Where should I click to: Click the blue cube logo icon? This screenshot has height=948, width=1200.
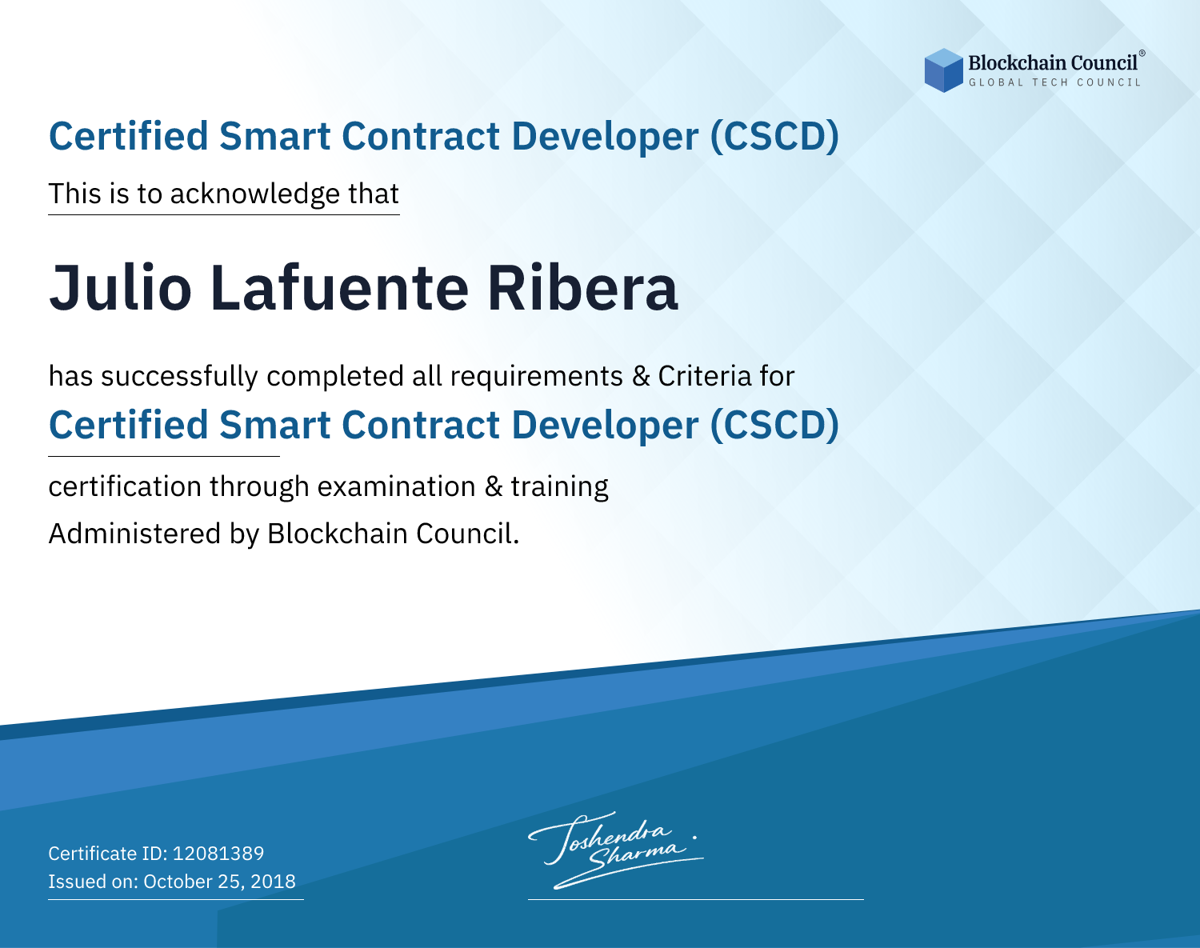[x=943, y=70]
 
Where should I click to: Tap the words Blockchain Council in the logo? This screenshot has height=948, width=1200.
[x=1053, y=63]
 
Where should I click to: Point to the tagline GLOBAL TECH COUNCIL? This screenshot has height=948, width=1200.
[x=1055, y=82]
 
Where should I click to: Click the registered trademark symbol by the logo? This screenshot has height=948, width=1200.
[x=1142, y=53]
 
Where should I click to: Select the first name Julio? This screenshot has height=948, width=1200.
[x=121, y=287]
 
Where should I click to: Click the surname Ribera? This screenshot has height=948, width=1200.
[x=582, y=287]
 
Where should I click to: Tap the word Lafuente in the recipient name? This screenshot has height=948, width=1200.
[x=339, y=287]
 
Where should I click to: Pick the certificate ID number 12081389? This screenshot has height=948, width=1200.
[x=218, y=853]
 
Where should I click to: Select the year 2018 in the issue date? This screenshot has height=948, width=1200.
[x=273, y=881]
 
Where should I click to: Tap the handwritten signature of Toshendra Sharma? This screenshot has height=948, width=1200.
[x=616, y=850]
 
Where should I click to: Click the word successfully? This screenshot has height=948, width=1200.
[x=179, y=377]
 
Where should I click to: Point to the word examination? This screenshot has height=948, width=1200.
[x=397, y=486]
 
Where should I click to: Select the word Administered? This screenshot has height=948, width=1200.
[x=134, y=534]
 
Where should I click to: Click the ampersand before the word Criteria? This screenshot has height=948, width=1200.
[x=641, y=377]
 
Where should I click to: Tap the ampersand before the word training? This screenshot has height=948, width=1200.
[x=494, y=486]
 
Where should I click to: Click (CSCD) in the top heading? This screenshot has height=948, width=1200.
[x=774, y=137]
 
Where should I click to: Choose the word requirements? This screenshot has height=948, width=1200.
[x=537, y=377]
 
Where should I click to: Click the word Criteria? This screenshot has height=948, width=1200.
[x=705, y=377]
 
